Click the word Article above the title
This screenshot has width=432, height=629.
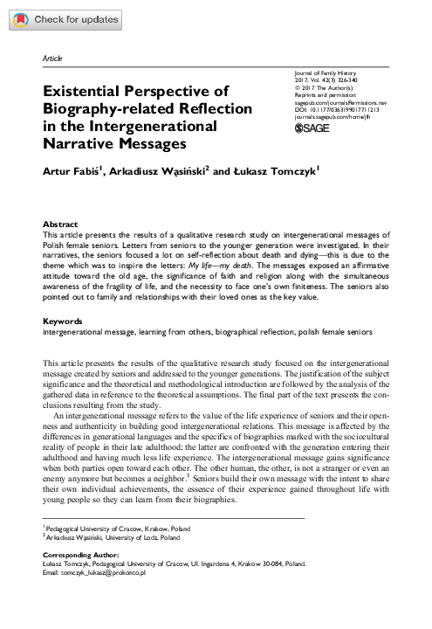52,58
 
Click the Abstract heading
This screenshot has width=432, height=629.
60,225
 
